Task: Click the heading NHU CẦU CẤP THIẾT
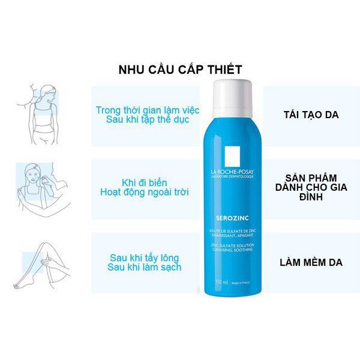(x=180, y=70)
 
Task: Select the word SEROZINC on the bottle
(x=235, y=203)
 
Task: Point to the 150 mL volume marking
(x=224, y=280)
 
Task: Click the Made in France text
(x=246, y=280)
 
